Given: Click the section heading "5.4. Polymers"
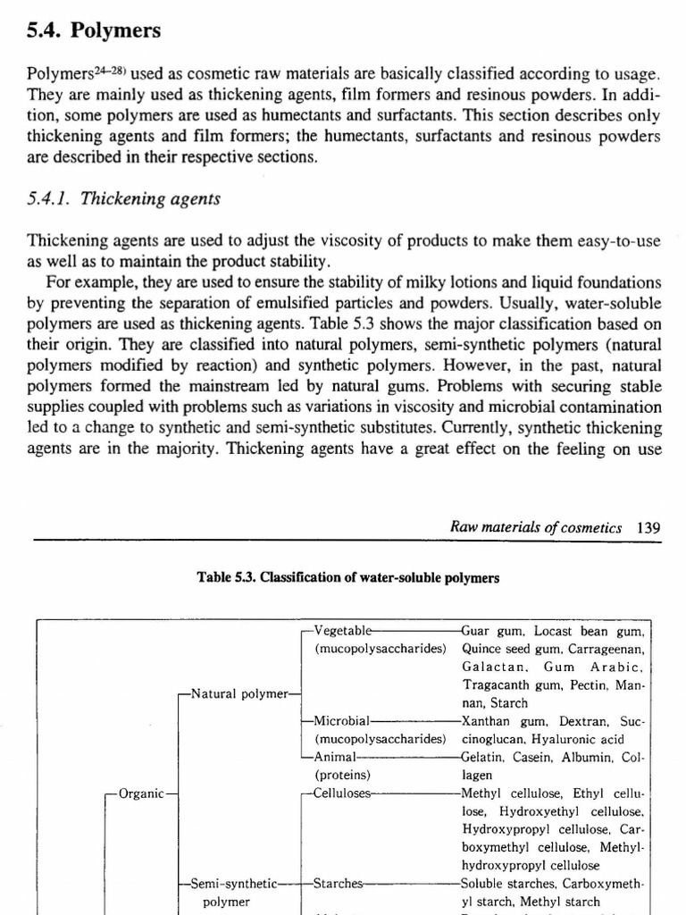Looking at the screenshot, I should pos(94,31).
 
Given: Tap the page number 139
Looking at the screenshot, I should pos(648,528).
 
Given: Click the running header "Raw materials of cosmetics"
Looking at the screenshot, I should pos(536,528).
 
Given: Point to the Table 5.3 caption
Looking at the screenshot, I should pos(347,578).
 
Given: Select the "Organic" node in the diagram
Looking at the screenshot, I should pos(141,793).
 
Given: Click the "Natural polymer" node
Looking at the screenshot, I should pos(239,693).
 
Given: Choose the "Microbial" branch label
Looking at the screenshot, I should pos(343,721).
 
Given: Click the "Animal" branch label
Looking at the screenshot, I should pos(337,758).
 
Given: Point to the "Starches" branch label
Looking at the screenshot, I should pos(339,884).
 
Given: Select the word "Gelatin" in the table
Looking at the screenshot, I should pos(484,758).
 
